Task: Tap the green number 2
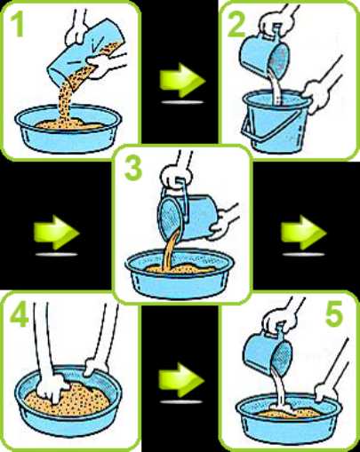coord(236,24)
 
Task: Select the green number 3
coord(133,168)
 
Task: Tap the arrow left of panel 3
coord(56,233)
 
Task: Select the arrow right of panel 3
coord(303,233)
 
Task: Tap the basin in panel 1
coord(68,129)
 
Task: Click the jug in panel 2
coord(264,55)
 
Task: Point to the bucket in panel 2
coord(276,122)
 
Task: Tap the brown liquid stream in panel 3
coord(170,250)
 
